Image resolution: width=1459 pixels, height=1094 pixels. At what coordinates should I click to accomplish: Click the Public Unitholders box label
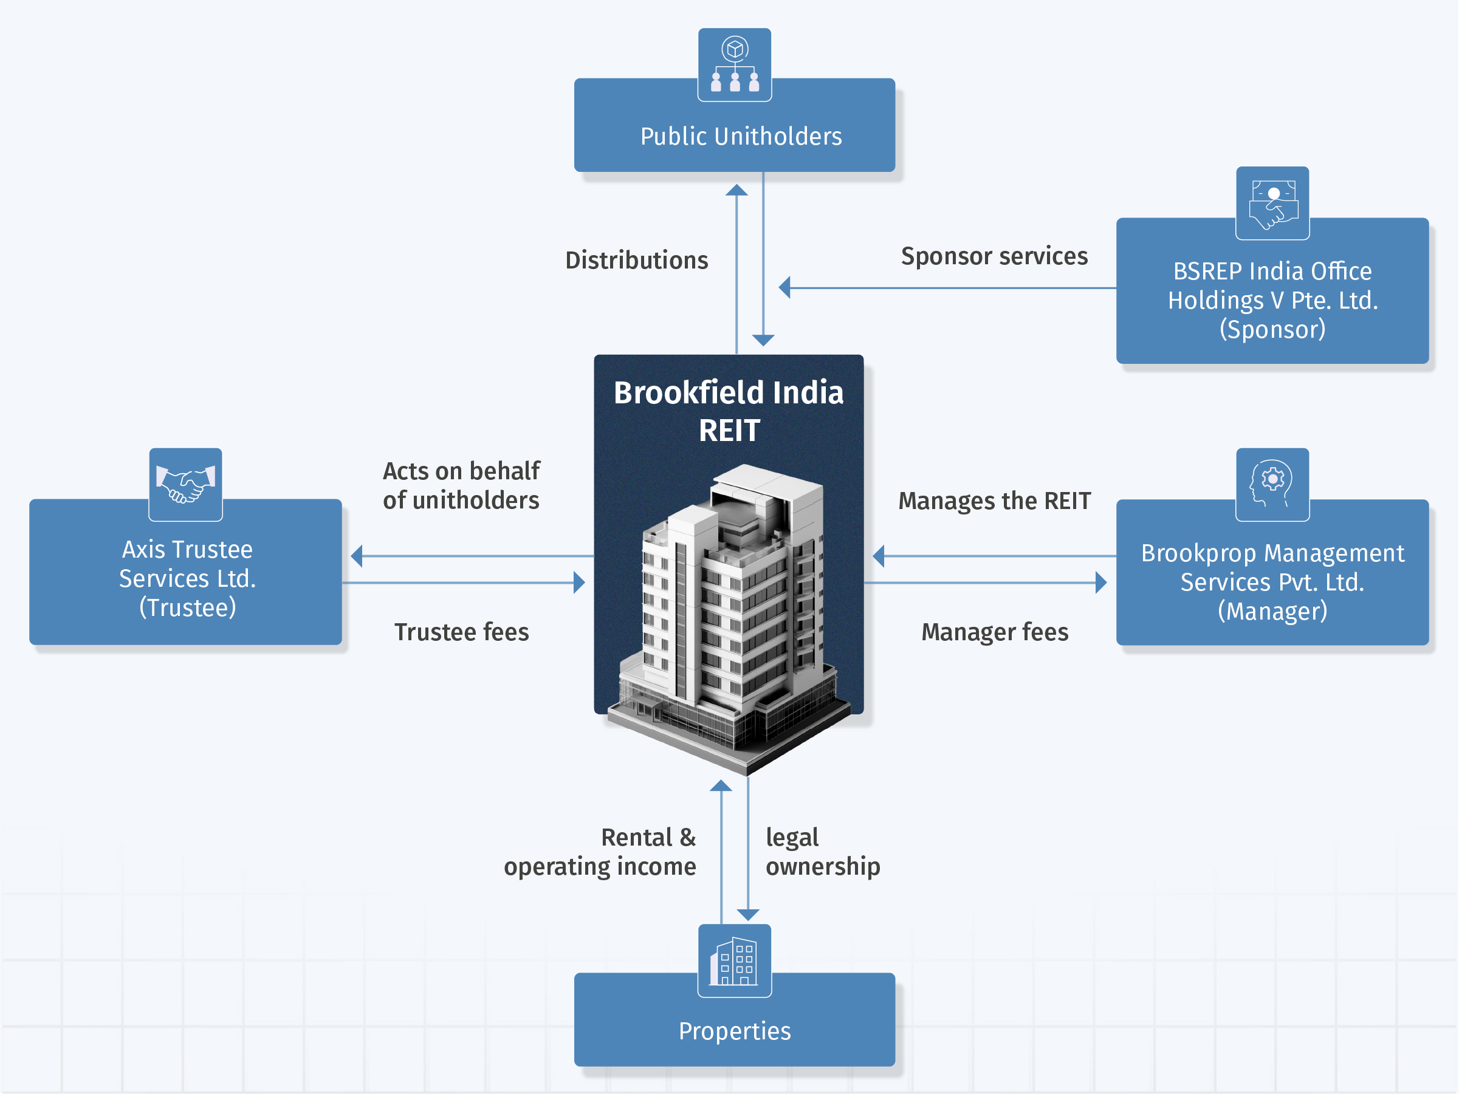pos(741,137)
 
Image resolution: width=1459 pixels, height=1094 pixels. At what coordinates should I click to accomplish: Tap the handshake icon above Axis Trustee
pos(185,485)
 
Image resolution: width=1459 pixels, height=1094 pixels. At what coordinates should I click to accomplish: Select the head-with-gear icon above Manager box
pos(1272,485)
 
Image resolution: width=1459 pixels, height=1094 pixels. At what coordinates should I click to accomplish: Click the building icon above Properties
pos(734,961)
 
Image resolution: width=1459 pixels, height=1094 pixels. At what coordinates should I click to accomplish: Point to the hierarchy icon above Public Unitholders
pos(734,65)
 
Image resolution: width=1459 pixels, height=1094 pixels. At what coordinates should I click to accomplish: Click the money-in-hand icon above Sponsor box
pos(1272,203)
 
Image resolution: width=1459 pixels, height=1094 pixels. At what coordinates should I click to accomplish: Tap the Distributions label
pos(636,260)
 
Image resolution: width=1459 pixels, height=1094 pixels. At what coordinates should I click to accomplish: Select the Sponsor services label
pos(994,256)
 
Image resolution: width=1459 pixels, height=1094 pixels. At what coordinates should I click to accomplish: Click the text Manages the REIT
pos(994,501)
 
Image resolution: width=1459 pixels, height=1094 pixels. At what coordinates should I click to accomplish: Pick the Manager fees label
pos(994,632)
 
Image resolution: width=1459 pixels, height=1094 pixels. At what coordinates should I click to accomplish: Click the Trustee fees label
pos(461,632)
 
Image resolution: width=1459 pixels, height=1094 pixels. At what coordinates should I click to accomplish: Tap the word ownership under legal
pos(823,866)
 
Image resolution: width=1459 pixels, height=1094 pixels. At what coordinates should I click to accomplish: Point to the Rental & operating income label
pos(600,852)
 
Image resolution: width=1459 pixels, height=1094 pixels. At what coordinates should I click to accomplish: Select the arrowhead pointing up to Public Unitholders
pos(736,191)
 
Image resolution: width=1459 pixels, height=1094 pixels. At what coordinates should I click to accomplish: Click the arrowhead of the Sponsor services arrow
pos(785,287)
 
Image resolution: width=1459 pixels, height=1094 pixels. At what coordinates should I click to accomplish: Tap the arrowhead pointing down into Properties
pos(748,915)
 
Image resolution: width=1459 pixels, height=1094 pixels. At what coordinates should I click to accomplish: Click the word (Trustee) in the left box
pos(187,607)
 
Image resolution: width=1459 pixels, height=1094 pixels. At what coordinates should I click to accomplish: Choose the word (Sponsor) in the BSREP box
pos(1272,329)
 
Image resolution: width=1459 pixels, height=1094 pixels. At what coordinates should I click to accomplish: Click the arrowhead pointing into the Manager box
pos(1100,583)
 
